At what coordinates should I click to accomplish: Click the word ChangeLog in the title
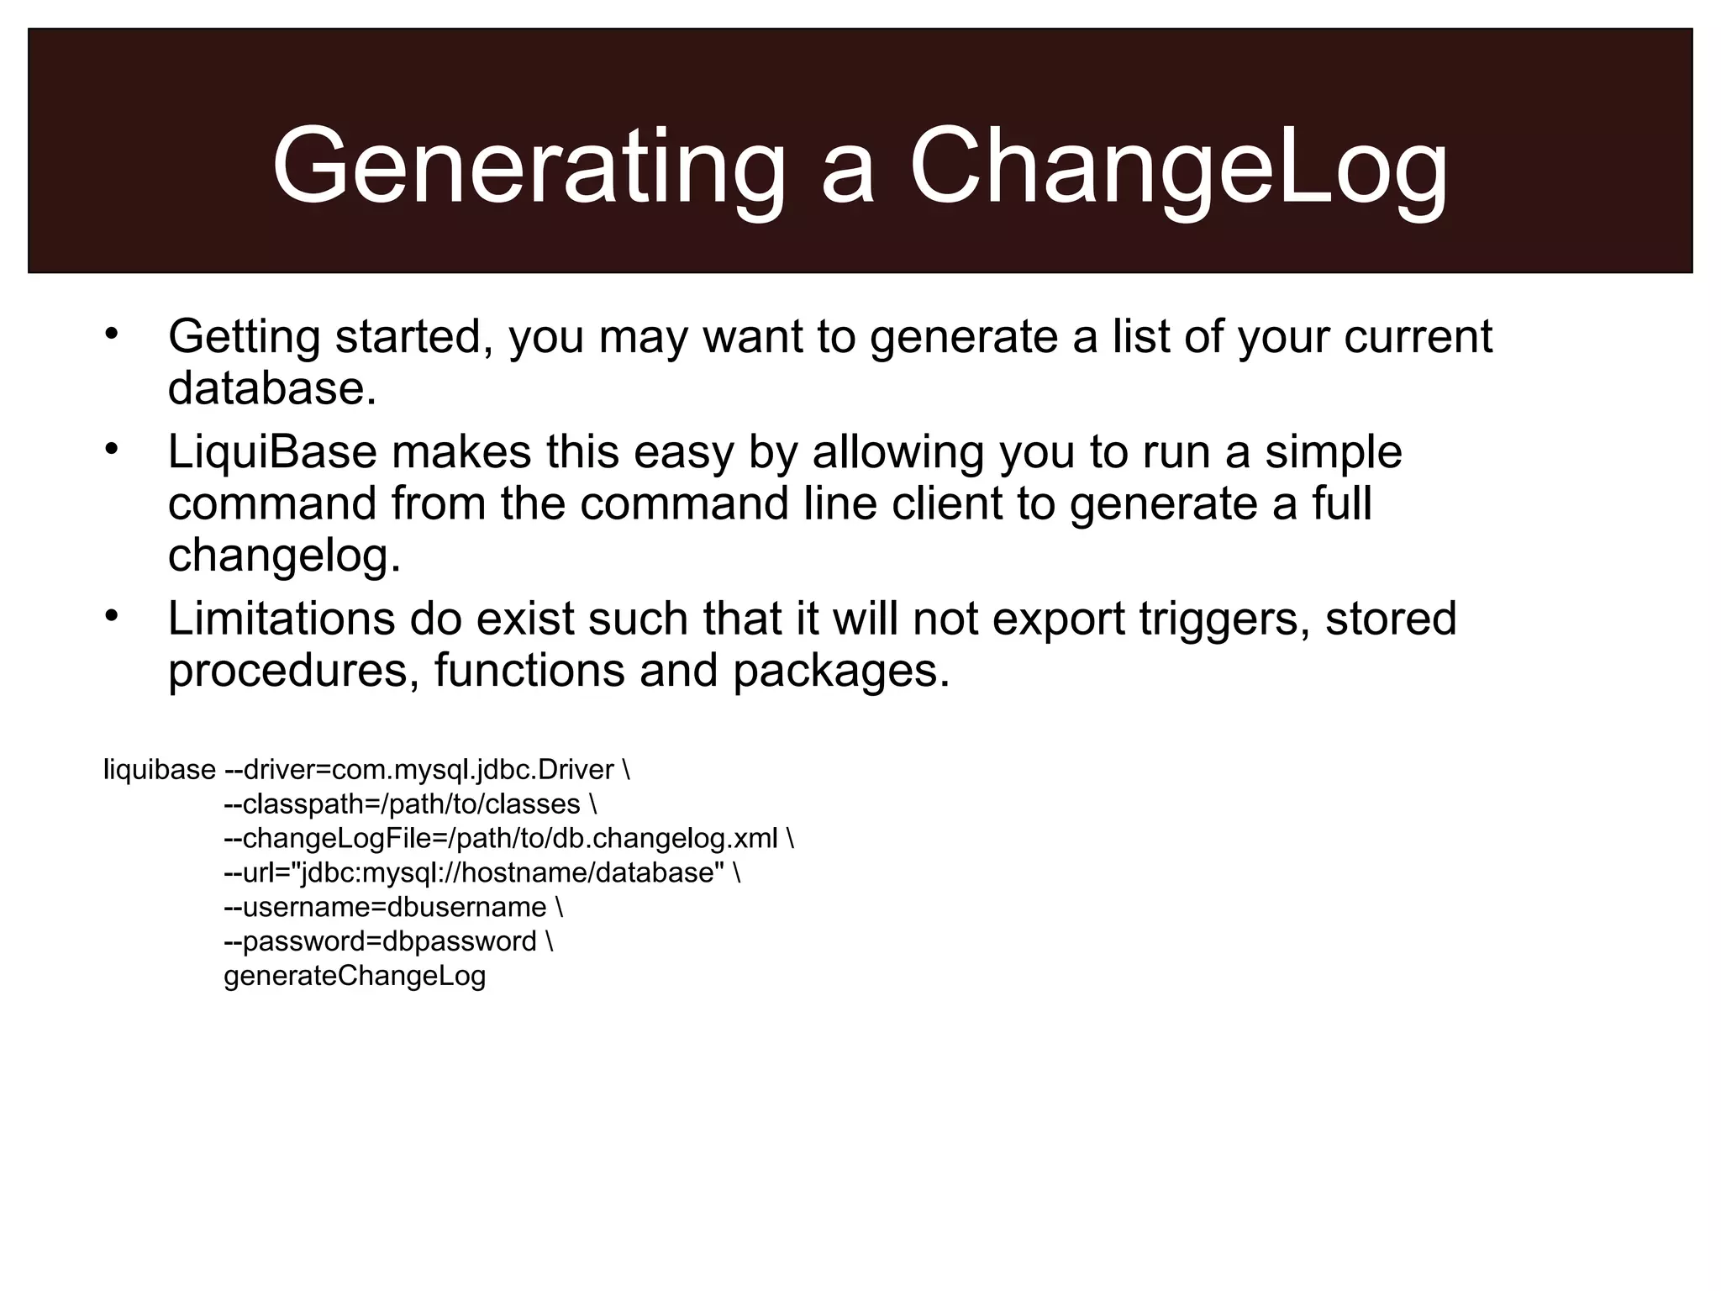pyautogui.click(x=1178, y=166)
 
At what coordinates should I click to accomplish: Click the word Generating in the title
pyautogui.click(x=529, y=166)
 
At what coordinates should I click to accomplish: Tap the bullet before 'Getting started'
pyautogui.click(x=113, y=334)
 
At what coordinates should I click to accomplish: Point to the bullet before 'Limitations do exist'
pyautogui.click(x=113, y=616)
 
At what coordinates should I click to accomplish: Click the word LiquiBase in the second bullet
pyautogui.click(x=272, y=451)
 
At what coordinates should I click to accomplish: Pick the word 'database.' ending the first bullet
pyautogui.click(x=272, y=388)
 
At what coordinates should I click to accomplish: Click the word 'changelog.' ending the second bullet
pyautogui.click(x=284, y=556)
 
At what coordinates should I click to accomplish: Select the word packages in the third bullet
pyautogui.click(x=840, y=672)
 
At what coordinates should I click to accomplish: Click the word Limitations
pyautogui.click(x=281, y=619)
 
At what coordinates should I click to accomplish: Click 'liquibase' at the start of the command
pyautogui.click(x=160, y=770)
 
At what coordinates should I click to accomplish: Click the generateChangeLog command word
pyautogui.click(x=355, y=977)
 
